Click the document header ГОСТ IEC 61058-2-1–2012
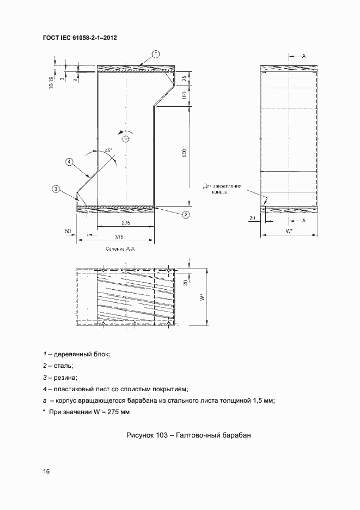(x=80, y=38)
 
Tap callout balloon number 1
(x=155, y=53)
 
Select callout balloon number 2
(x=186, y=214)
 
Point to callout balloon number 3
(x=56, y=189)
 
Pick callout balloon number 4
(x=69, y=161)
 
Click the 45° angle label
(x=108, y=150)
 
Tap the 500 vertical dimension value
(x=185, y=154)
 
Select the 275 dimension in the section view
(x=126, y=223)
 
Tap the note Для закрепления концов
(x=215, y=190)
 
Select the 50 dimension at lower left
(x=68, y=232)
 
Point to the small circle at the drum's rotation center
(x=126, y=139)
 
